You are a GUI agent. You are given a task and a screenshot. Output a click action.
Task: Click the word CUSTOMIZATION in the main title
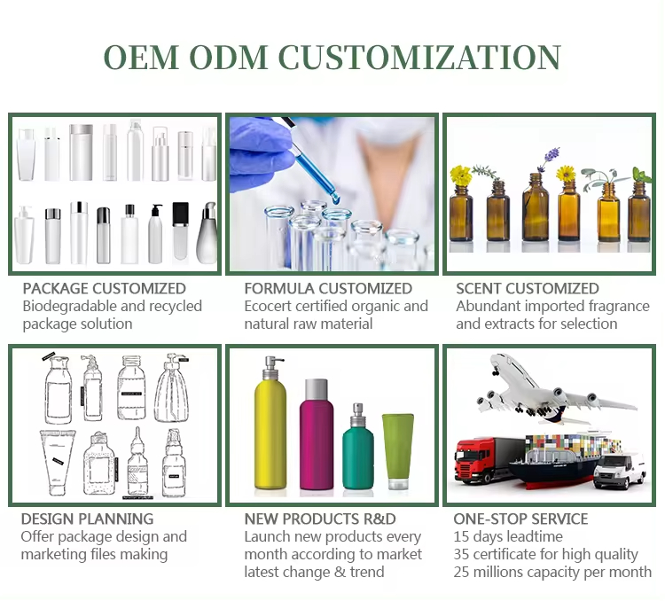click(x=419, y=57)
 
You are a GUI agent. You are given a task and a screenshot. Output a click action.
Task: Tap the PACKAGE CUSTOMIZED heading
click(x=104, y=288)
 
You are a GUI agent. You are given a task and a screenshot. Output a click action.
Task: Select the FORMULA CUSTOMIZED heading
click(x=328, y=288)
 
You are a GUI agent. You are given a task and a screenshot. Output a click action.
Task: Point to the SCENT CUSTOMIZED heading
click(x=528, y=288)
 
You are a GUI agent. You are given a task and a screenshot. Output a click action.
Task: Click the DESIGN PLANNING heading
click(x=87, y=519)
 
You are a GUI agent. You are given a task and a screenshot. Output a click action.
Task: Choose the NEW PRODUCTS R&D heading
click(x=320, y=519)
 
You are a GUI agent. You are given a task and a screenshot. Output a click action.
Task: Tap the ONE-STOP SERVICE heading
click(x=520, y=519)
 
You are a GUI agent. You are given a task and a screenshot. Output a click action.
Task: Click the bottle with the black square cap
click(x=180, y=232)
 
